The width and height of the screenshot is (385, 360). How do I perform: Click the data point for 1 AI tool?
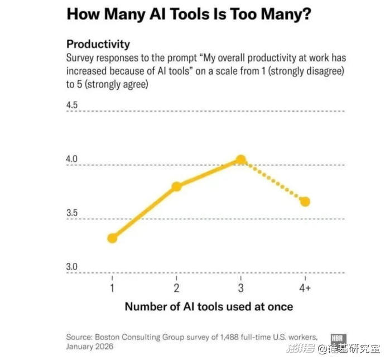pos(112,238)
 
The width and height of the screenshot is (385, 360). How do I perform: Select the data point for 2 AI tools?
pos(176,186)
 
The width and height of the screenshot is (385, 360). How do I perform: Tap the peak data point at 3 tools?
pos(240,160)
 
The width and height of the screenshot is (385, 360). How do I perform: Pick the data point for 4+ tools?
pos(305,201)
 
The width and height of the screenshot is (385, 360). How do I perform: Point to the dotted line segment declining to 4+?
pos(273,181)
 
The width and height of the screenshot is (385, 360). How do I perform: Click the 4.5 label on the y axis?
pos(73,105)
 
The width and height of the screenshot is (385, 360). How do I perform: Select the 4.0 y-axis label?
pos(73,160)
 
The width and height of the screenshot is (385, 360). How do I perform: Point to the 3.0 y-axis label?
pos(73,267)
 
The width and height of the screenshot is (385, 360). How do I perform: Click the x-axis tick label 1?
pos(112,288)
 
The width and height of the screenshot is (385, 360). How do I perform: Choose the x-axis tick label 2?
pos(176,288)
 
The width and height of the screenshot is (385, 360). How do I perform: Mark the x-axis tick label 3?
pos(240,288)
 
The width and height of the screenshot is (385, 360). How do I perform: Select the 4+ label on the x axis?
pos(305,288)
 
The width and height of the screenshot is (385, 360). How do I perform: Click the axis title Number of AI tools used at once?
pos(208,306)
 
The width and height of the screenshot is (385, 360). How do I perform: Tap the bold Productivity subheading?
pos(98,44)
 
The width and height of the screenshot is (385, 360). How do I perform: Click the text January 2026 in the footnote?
pos(89,347)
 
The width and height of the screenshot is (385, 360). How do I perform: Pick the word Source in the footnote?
pos(79,337)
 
